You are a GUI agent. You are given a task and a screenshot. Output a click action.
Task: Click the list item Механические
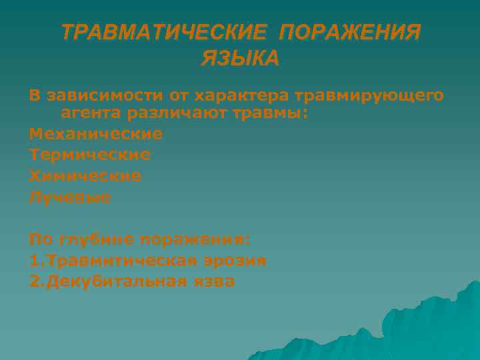point(95,134)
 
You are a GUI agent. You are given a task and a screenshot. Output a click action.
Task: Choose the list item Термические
point(89,155)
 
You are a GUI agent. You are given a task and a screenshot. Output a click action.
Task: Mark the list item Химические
point(85,176)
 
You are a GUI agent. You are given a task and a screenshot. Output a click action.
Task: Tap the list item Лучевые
point(70,197)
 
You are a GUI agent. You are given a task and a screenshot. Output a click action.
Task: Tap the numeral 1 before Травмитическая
point(33,261)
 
